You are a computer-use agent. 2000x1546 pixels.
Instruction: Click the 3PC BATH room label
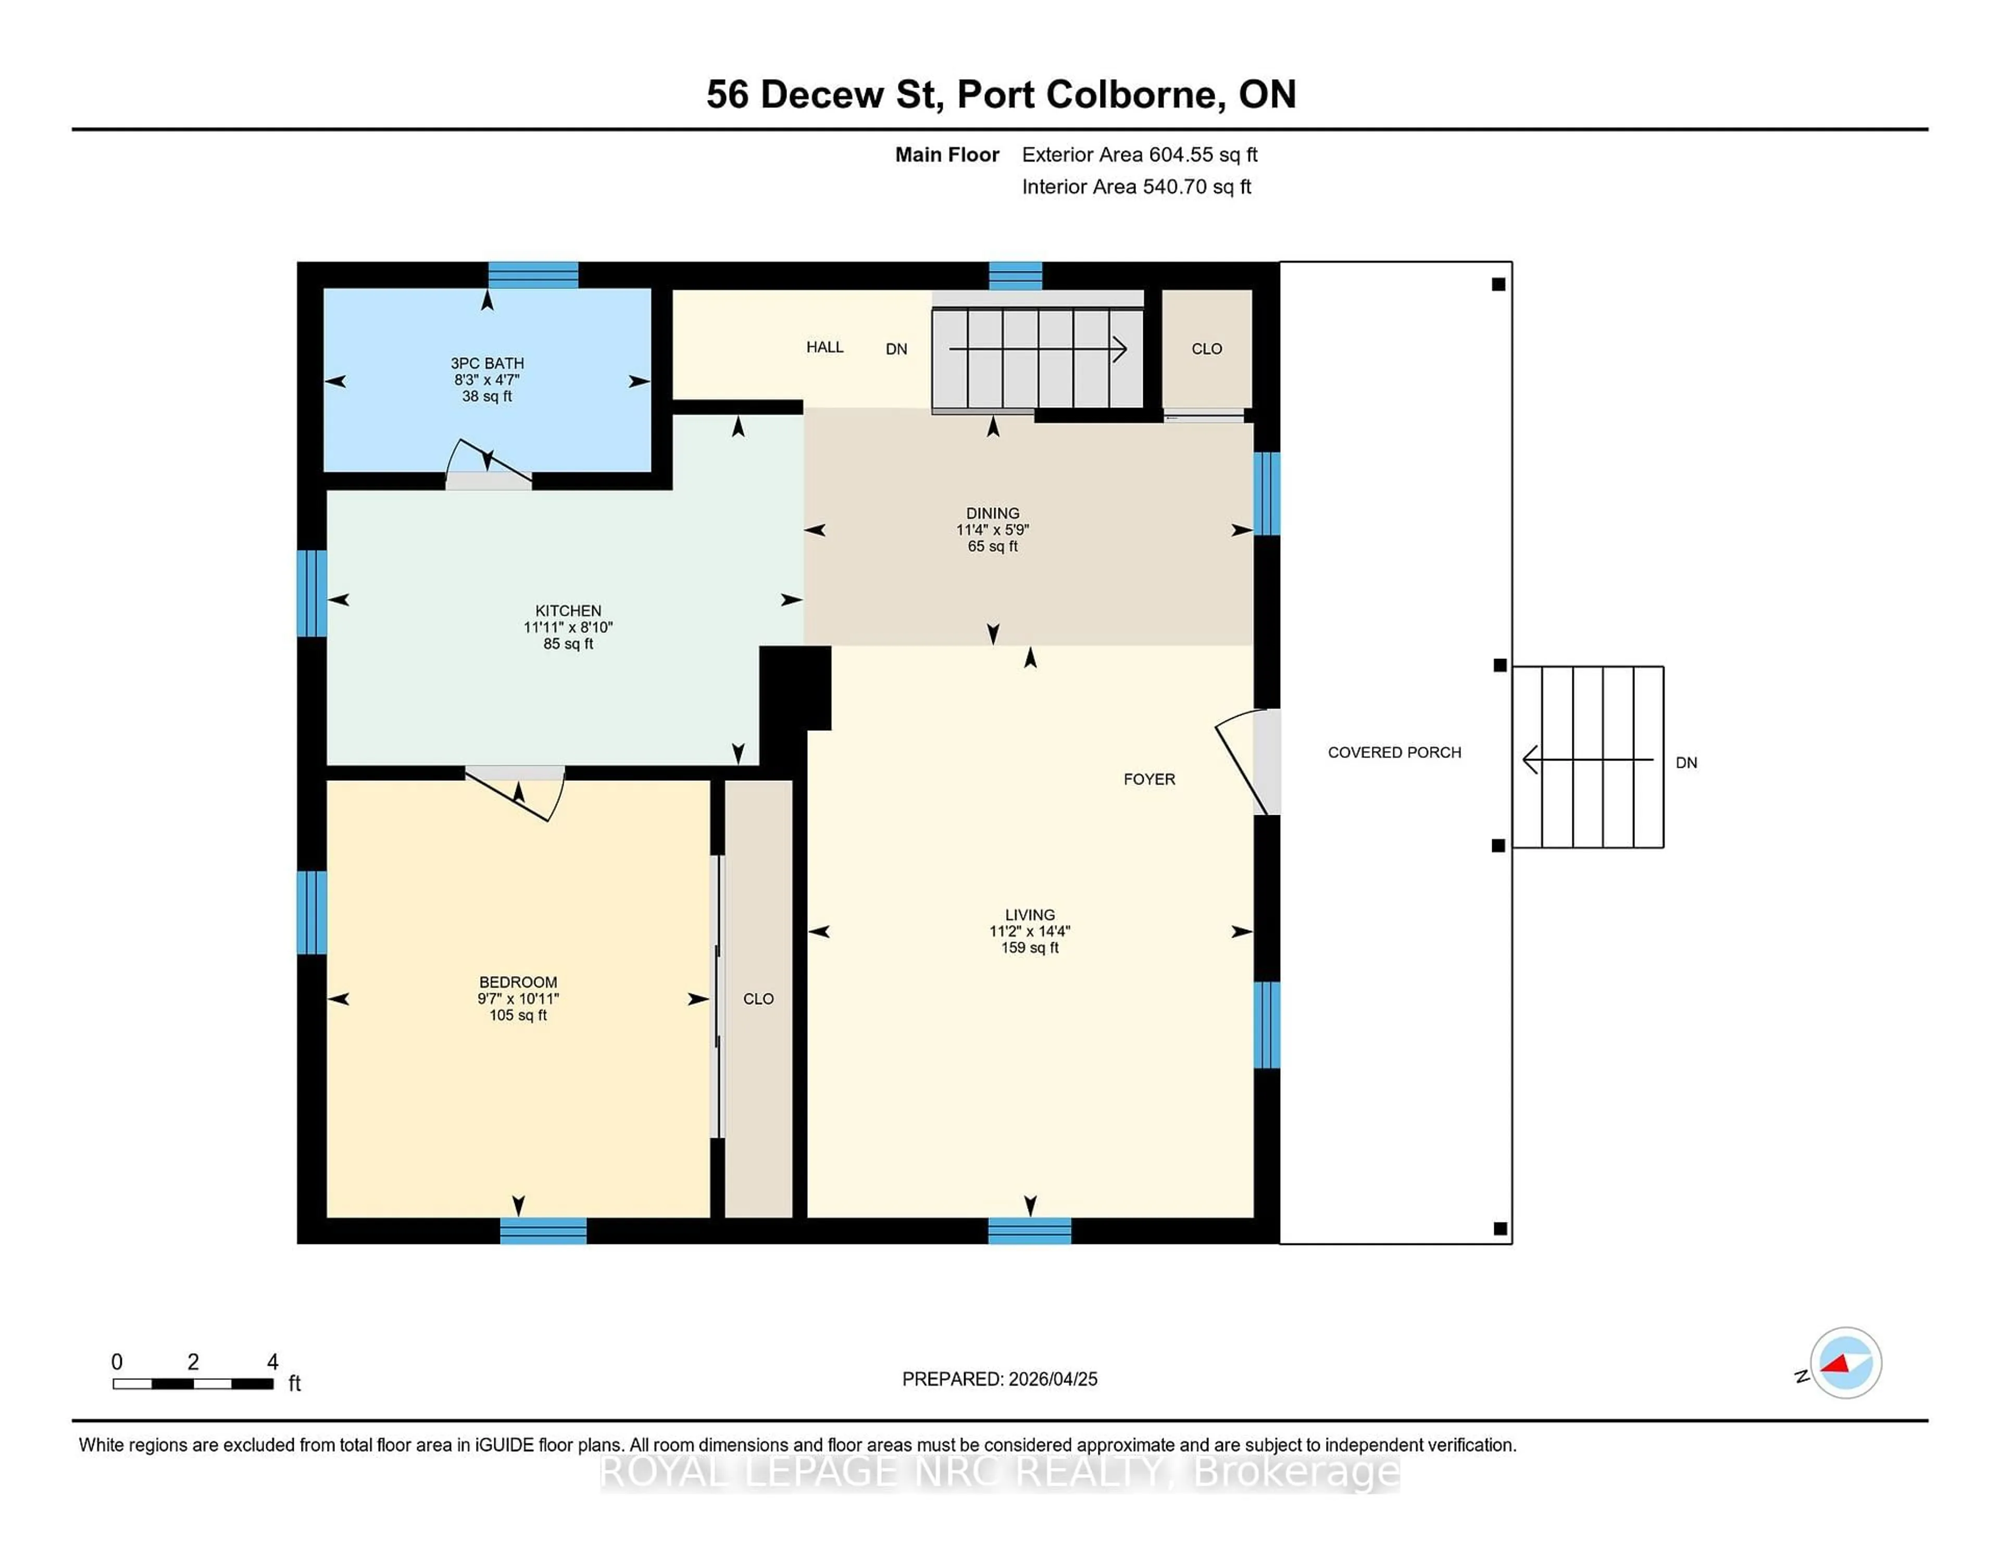point(487,364)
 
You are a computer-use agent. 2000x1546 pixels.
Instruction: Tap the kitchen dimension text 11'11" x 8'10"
point(568,627)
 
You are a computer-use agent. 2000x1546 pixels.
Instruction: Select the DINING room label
point(993,513)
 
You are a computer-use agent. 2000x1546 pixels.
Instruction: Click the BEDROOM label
point(518,982)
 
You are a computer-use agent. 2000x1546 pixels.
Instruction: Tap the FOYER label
point(1149,779)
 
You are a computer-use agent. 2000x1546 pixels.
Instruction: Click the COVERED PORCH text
point(1394,752)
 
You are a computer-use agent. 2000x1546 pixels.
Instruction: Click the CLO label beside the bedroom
point(758,999)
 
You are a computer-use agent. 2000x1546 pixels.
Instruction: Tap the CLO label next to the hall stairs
point(1206,349)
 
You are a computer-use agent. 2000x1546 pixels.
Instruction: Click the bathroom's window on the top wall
point(533,275)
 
